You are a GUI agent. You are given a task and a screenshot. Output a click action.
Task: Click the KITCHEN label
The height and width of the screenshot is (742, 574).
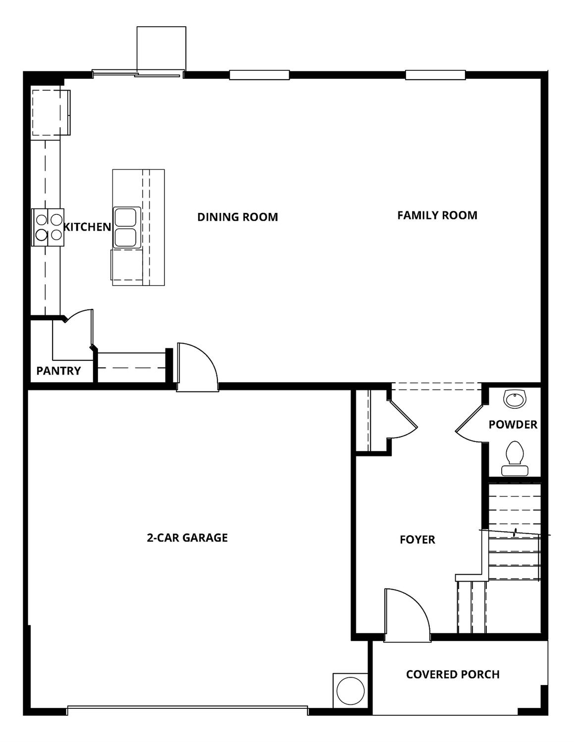click(x=88, y=227)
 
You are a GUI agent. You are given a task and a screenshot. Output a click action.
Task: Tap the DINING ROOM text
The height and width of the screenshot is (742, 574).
click(x=237, y=217)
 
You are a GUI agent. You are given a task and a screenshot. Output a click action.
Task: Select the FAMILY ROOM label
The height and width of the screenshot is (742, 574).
click(x=437, y=215)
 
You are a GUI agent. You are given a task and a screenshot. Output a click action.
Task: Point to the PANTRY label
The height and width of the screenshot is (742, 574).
click(x=58, y=371)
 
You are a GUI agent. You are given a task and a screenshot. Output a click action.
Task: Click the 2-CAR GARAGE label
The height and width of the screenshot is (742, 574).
click(x=187, y=538)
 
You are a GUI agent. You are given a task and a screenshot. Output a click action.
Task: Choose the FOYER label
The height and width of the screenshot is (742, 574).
click(x=417, y=540)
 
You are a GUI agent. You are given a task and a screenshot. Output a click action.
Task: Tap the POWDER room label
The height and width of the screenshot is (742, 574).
click(x=513, y=425)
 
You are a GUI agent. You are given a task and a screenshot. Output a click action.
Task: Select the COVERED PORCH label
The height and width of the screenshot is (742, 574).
click(x=453, y=674)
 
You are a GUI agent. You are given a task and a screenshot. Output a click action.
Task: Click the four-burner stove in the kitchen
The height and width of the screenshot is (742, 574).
click(x=48, y=227)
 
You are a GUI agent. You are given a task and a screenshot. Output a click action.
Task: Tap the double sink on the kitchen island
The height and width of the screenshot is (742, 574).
click(x=125, y=228)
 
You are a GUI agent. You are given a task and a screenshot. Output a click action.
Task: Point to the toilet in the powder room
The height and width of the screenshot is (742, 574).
click(x=514, y=458)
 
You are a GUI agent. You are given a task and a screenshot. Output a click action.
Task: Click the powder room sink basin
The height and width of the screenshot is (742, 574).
click(x=514, y=399)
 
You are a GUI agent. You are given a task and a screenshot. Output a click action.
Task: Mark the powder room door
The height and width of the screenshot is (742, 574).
click(x=468, y=421)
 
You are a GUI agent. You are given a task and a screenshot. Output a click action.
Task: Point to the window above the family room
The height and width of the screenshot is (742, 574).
click(x=435, y=75)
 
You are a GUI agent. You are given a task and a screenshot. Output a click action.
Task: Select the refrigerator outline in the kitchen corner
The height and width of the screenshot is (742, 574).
click(x=50, y=112)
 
